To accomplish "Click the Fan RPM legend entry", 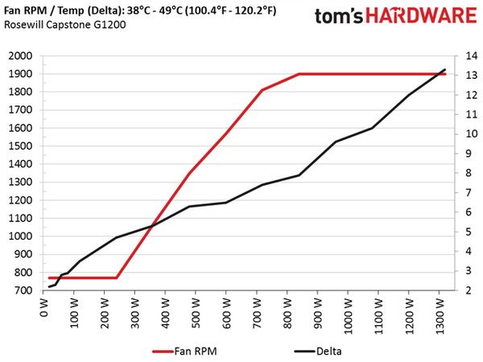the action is tap(185, 351).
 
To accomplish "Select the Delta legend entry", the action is tap(318, 351).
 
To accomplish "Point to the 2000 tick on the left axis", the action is tap(20, 56).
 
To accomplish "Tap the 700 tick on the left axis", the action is tap(23, 290).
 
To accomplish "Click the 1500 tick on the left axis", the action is tap(20, 146).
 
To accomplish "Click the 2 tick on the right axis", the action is tap(469, 290).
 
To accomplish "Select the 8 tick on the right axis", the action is tap(469, 173).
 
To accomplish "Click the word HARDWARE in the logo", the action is tap(421, 16).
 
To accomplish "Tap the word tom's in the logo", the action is tap(339, 16).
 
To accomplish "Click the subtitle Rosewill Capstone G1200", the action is tap(65, 25).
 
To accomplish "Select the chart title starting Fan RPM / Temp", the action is tap(140, 10).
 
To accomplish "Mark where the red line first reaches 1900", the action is tap(299, 74).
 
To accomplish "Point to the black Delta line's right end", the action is tap(445, 69).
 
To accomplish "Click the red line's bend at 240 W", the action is tap(117, 278).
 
